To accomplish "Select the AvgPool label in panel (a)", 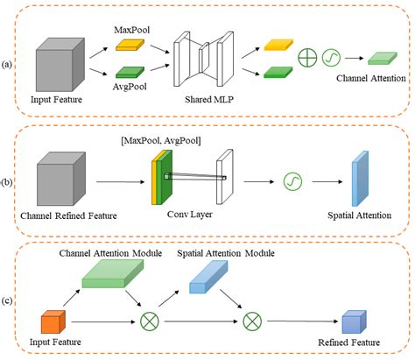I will click(131, 88).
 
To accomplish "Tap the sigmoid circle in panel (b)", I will click(290, 183).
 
